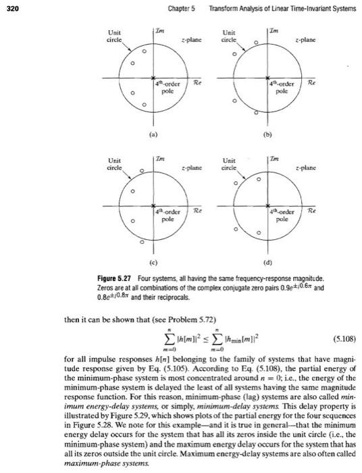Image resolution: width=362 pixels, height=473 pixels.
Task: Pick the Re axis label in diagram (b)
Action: click(310, 84)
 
